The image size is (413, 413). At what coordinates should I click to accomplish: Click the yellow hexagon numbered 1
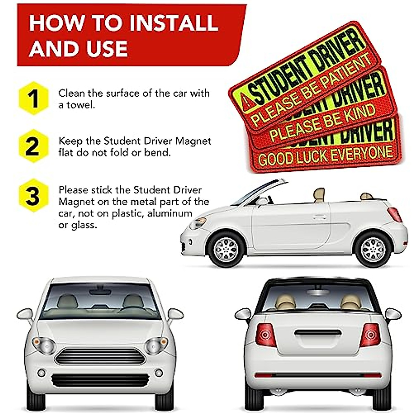[33, 98]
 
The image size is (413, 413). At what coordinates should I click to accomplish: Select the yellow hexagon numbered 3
[33, 195]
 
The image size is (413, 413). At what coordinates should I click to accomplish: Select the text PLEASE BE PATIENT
[311, 90]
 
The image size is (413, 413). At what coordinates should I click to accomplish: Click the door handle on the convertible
[320, 217]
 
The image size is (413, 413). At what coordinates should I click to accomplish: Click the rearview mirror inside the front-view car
[100, 292]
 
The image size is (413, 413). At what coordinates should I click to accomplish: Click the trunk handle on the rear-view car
[318, 333]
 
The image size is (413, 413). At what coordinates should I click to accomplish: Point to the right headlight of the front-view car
[157, 345]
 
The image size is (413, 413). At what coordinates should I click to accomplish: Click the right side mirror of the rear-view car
[393, 314]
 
